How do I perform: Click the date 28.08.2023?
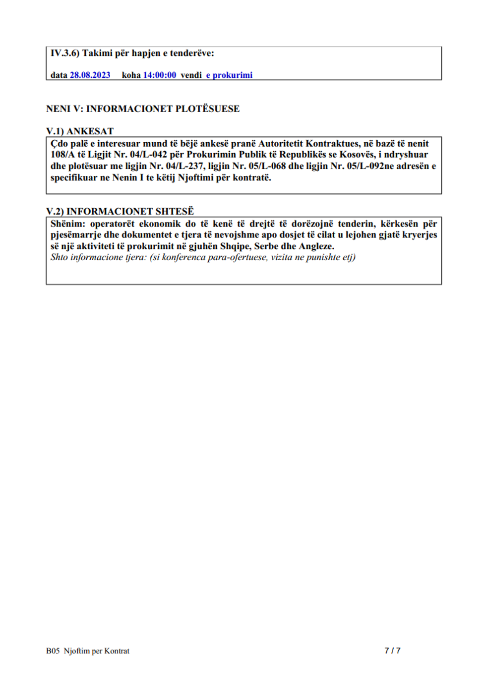(x=90, y=75)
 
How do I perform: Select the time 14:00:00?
(x=159, y=75)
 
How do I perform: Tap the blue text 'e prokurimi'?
(x=229, y=75)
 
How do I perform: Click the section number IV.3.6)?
(x=65, y=53)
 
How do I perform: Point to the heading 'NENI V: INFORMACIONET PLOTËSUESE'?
(x=143, y=109)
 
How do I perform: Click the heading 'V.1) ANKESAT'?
(x=80, y=131)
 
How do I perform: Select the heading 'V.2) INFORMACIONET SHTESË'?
(x=120, y=211)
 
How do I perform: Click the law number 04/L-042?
(x=148, y=155)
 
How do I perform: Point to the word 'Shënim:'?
(x=67, y=224)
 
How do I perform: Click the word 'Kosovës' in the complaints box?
(x=357, y=155)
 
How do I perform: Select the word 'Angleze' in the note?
(x=315, y=246)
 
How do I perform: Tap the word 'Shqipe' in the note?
(x=235, y=246)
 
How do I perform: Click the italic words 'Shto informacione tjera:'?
(x=98, y=257)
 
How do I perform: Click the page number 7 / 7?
(x=392, y=651)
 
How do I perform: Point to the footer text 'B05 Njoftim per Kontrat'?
(x=88, y=651)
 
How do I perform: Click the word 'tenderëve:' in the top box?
(x=192, y=53)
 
